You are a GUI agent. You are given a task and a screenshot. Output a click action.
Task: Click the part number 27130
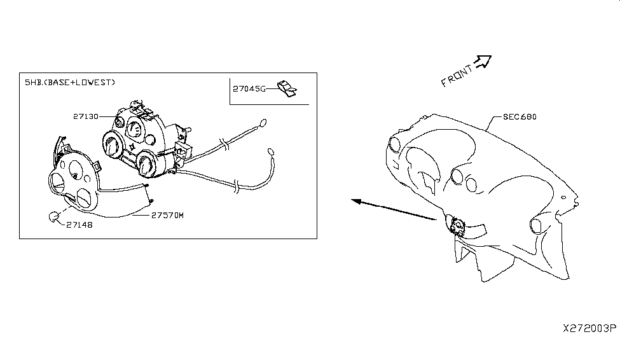86,116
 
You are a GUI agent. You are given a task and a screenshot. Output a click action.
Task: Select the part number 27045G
249,88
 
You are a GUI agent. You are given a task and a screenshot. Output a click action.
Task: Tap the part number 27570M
168,215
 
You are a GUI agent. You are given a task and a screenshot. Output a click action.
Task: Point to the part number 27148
79,225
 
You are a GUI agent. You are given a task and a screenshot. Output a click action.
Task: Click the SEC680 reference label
520,116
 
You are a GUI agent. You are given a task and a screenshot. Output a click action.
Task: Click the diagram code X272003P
589,328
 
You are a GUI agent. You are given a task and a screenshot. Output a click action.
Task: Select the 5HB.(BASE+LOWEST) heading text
70,82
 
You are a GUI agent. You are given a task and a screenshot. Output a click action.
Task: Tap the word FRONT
457,76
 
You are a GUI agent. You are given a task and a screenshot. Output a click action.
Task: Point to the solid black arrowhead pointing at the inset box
356,202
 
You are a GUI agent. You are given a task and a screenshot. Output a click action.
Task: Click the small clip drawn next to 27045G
287,88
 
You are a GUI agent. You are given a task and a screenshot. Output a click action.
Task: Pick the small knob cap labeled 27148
53,217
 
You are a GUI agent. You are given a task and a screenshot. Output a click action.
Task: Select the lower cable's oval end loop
271,152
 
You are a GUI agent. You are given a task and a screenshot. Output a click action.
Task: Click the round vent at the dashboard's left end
395,144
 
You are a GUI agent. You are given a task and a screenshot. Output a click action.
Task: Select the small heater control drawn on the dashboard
457,227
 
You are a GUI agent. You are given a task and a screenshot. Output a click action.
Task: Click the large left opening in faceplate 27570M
58,183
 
